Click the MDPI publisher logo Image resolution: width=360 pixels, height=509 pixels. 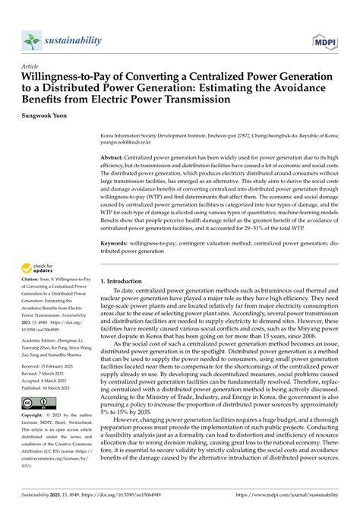(x=332, y=40)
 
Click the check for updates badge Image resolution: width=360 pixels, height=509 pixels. (x=40, y=268)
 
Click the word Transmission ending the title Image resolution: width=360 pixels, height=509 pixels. (x=197, y=100)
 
